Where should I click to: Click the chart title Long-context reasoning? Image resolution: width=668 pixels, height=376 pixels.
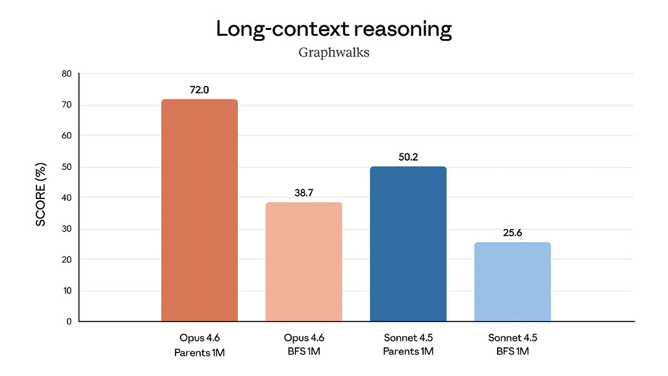click(x=333, y=29)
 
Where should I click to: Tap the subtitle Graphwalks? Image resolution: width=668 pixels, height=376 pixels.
click(x=333, y=53)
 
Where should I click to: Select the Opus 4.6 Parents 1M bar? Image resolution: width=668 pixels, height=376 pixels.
click(x=199, y=210)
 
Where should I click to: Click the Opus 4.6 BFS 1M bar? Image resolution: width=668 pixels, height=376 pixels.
click(x=303, y=262)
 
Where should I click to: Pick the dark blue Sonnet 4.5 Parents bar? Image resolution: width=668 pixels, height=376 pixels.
click(x=408, y=244)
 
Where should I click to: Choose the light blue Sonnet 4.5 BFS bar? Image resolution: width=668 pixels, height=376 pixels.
click(x=512, y=282)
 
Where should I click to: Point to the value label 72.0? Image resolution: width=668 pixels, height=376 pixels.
click(x=199, y=90)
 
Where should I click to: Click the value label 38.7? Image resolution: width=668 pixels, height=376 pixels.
click(x=303, y=193)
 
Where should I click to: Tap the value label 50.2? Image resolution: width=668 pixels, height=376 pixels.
click(x=408, y=157)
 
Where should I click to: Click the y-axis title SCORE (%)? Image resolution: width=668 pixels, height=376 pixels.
click(x=41, y=198)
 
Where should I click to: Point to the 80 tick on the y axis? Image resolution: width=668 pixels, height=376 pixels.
click(x=66, y=74)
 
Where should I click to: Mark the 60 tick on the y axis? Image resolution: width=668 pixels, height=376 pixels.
click(x=66, y=136)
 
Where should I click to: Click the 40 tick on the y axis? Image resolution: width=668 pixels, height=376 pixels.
click(x=66, y=198)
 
